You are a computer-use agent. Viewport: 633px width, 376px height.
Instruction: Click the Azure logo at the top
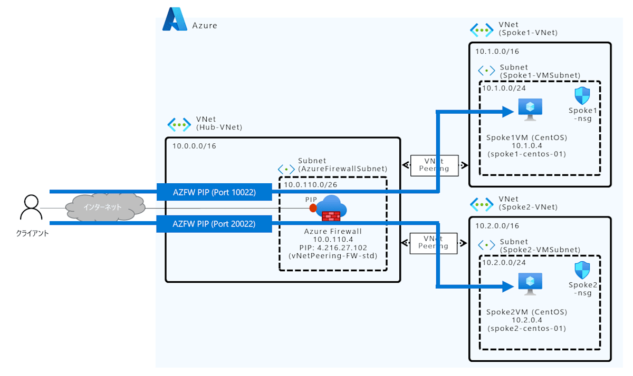coord(175,19)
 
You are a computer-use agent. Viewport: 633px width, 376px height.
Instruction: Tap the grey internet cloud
coord(105,207)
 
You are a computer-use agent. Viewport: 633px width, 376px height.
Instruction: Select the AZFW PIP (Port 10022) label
coord(214,193)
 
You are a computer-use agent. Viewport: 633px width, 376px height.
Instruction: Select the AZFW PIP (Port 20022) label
coord(214,224)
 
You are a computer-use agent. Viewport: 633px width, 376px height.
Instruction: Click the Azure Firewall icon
coord(331,207)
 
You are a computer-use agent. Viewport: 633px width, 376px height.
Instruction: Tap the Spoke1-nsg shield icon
coord(582,96)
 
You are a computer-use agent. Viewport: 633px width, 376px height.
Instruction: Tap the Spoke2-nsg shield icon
coord(582,270)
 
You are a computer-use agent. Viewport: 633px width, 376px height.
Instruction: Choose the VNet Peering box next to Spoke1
coord(434,165)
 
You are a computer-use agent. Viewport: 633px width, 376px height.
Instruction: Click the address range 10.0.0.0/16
coord(194,145)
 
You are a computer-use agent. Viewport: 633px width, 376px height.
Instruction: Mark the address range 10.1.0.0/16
coord(497,52)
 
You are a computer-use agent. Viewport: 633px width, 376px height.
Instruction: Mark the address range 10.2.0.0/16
coord(497,226)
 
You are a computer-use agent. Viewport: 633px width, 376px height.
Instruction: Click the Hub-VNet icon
coord(179,124)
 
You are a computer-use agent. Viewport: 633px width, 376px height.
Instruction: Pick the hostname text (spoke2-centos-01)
coord(526,329)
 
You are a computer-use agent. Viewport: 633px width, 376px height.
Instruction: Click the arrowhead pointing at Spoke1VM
coord(507,111)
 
